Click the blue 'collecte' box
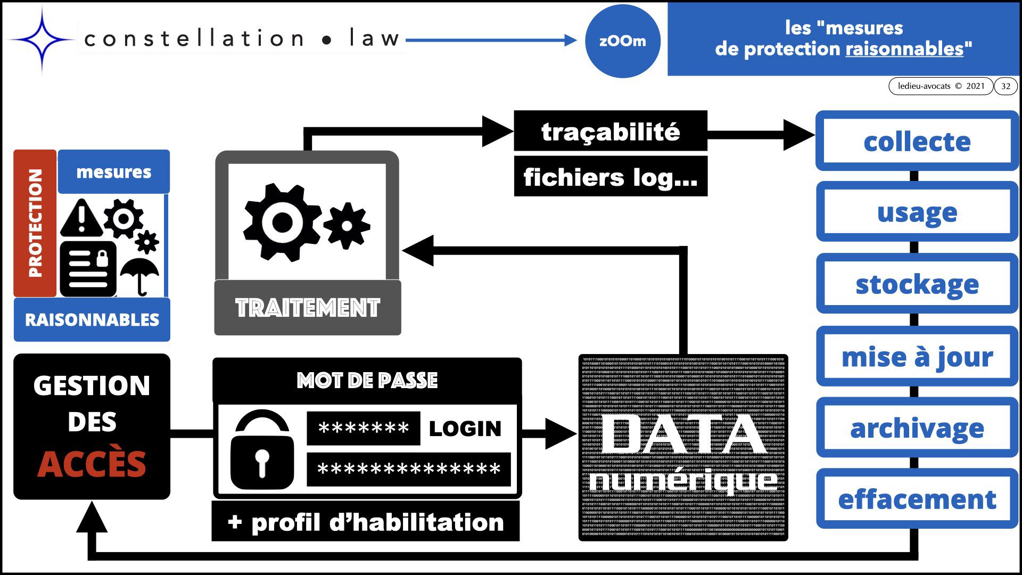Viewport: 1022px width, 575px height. [x=917, y=141]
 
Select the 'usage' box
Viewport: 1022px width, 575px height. [x=917, y=212]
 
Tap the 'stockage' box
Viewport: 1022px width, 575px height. [x=917, y=284]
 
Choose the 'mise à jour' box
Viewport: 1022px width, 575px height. [x=917, y=356]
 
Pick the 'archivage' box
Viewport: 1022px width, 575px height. [x=917, y=428]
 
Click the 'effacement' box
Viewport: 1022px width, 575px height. [x=917, y=499]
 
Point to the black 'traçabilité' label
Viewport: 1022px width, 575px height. [x=610, y=131]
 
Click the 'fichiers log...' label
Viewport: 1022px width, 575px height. [x=610, y=177]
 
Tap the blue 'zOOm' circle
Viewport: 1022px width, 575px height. [x=622, y=41]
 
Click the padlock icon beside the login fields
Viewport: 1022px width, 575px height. [x=262, y=451]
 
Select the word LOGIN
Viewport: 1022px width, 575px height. [x=465, y=429]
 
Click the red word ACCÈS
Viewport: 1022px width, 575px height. [x=92, y=464]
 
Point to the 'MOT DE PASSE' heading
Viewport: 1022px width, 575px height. [x=367, y=380]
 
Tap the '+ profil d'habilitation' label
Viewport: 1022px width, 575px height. [x=365, y=522]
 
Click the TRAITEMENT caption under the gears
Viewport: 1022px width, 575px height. [x=308, y=308]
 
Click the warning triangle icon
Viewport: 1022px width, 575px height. [x=81, y=218]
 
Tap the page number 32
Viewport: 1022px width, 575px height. [x=1005, y=86]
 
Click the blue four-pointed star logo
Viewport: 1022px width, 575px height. [x=42, y=40]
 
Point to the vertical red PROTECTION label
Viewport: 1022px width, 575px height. [x=35, y=223]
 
